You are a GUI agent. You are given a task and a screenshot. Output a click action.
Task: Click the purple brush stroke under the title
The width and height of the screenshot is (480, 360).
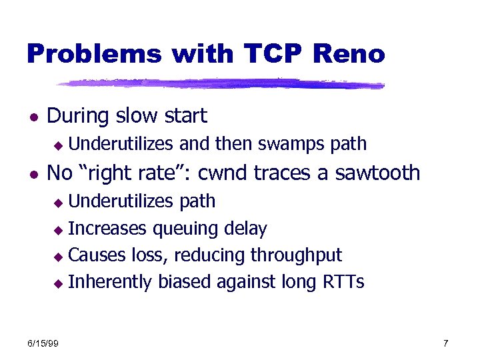(220, 84)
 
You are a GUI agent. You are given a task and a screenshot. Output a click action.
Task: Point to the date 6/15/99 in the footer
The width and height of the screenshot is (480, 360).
(43, 343)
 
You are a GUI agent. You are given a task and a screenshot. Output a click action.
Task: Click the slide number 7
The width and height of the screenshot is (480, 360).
(445, 343)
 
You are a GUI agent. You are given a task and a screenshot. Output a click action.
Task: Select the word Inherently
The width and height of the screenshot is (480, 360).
(111, 282)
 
